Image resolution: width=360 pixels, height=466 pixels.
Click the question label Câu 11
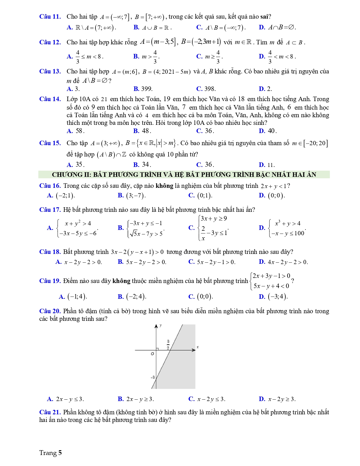pos(50,17)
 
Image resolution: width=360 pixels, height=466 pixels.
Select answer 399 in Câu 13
pos(143,89)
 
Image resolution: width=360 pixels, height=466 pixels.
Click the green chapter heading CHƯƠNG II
pos(184,175)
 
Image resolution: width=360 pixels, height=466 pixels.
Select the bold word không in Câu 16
pos(164,186)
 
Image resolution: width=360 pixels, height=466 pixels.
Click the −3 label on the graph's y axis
pos(152,377)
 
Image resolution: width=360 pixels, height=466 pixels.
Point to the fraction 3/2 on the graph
pos(168,345)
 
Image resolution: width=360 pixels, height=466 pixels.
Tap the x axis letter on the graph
pos(198,347)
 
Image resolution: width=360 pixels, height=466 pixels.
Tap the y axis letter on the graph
pos(161,325)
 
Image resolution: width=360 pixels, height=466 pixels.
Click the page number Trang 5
pos(50,453)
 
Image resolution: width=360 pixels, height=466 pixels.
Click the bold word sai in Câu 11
pos(264,17)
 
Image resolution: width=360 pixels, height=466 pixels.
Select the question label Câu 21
pos(50,412)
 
